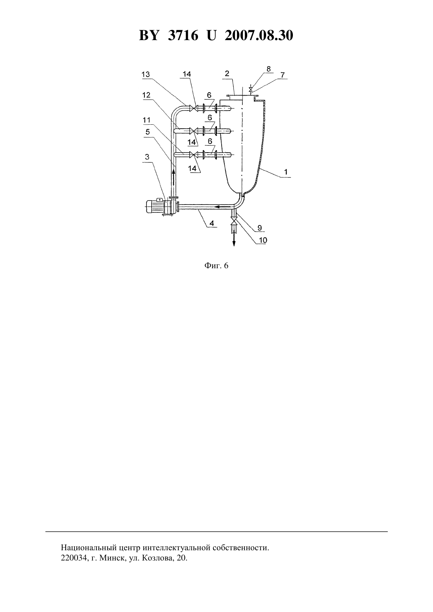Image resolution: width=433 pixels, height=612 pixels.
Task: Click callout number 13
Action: (146, 74)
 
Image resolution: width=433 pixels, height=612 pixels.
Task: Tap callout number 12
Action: (146, 95)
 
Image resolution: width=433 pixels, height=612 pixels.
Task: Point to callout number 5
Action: (148, 132)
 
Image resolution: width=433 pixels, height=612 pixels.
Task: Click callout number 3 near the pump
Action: (147, 157)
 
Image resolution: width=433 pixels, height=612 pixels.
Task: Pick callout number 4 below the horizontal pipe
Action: (212, 223)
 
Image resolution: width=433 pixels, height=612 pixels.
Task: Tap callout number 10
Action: (263, 240)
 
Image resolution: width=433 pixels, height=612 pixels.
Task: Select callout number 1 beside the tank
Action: (286, 172)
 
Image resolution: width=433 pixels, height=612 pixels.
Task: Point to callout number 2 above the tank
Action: (227, 74)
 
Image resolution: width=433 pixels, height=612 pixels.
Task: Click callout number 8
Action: (268, 69)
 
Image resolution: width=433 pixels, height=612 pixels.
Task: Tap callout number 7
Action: (282, 75)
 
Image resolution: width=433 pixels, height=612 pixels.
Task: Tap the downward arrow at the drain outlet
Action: (234, 238)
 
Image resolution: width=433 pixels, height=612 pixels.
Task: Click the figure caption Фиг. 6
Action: (216, 265)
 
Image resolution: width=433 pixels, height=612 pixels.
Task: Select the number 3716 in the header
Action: (183, 35)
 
